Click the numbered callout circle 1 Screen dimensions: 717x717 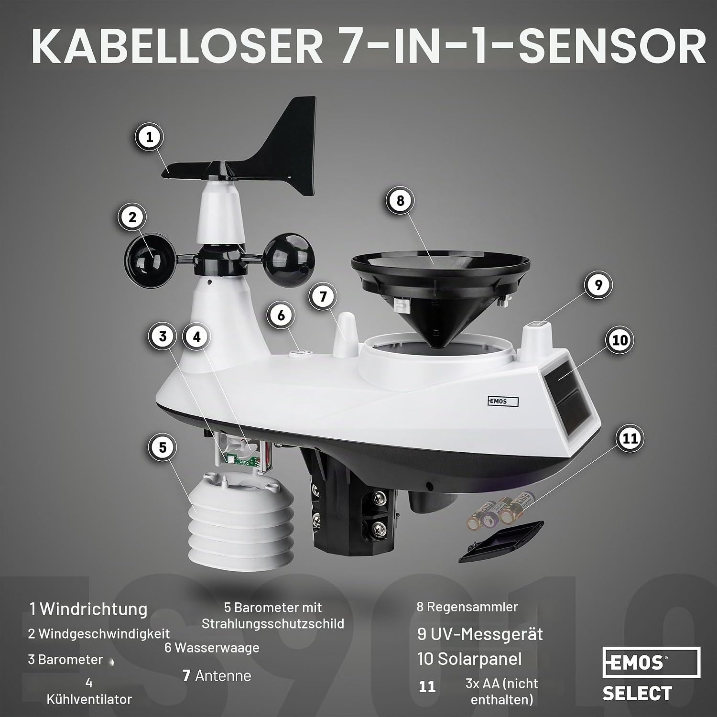coord(150,138)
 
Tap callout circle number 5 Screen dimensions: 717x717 coord(163,447)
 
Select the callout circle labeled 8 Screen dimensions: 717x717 coord(400,201)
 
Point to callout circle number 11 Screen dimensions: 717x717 coord(630,438)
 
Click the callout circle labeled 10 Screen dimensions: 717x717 coord(620,340)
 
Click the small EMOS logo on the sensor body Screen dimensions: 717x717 coord(503,402)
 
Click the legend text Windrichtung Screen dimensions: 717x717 coord(94,609)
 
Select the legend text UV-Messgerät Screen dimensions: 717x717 coord(486,634)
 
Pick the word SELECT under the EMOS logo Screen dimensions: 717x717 coord(637,693)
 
